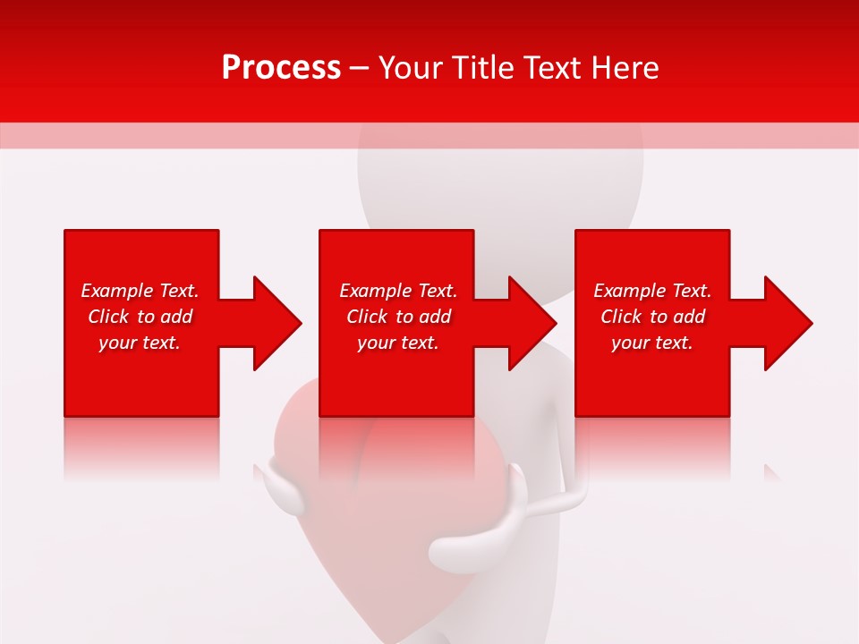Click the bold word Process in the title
281,68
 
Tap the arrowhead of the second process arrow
532,323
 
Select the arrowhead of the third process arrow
787,323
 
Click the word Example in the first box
117,291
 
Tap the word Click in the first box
108,317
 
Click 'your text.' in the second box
397,343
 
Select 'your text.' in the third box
651,343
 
